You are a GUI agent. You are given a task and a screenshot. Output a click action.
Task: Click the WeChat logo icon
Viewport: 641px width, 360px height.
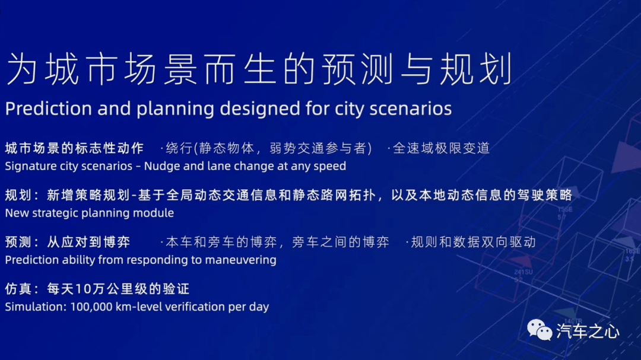point(539,330)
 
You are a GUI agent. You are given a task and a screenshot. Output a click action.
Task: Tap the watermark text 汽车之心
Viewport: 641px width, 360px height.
point(588,332)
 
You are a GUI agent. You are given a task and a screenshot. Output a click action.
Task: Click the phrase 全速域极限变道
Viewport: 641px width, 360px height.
point(442,148)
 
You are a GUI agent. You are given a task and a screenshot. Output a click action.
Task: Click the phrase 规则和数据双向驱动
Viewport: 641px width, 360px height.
point(474,242)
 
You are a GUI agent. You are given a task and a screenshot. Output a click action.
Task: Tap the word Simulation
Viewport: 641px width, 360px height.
point(36,307)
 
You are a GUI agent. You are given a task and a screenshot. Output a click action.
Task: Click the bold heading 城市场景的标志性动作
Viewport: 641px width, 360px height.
point(74,148)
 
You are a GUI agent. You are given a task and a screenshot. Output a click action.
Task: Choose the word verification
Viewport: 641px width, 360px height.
point(192,307)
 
